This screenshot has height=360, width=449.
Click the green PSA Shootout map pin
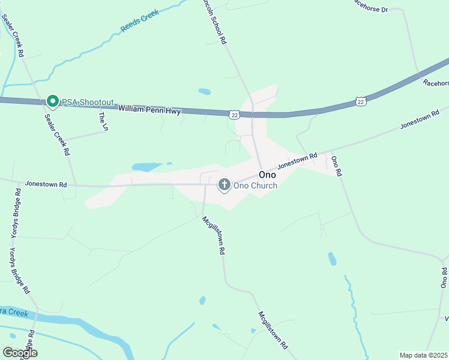tap(52, 101)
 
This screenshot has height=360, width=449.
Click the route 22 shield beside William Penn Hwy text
tap(234, 113)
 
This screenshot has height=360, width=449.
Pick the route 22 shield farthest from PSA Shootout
tap(360, 102)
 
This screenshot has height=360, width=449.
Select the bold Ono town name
tap(267, 175)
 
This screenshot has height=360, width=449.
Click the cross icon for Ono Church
tap(224, 185)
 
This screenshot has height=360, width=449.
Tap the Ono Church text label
tap(255, 185)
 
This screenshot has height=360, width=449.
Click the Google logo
tap(20, 353)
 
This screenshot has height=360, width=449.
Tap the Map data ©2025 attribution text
tap(423, 355)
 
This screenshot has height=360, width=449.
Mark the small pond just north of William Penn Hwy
tap(205, 92)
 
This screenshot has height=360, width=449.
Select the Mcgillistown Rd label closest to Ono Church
tap(213, 235)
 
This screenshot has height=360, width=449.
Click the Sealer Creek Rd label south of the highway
tap(58, 135)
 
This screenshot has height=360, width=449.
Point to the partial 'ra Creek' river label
tap(14, 313)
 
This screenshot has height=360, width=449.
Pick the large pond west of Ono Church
tap(146, 167)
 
